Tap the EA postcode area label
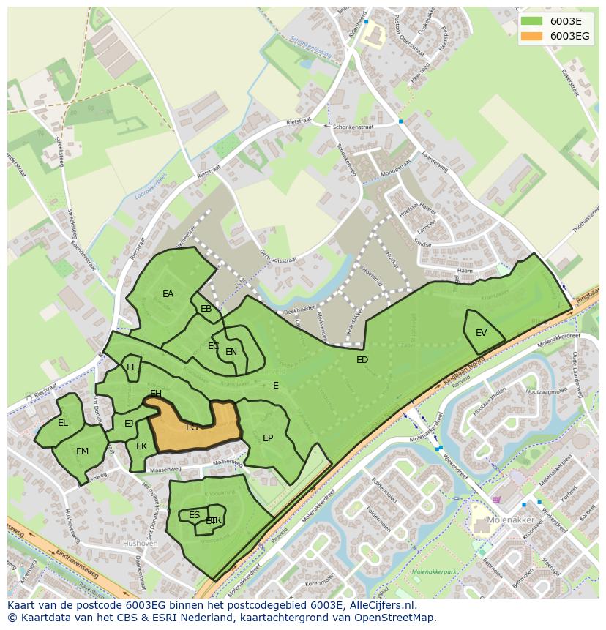click(168, 294)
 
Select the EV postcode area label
click(481, 333)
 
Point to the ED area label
click(362, 360)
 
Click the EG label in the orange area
click(192, 427)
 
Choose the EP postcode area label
click(268, 438)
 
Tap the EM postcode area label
click(82, 451)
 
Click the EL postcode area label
click(63, 423)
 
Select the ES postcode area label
click(194, 515)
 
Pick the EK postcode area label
click(142, 446)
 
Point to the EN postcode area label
click(231, 352)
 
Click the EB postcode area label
click(206, 309)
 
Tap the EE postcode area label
click(132, 367)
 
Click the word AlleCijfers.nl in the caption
click(381, 606)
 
